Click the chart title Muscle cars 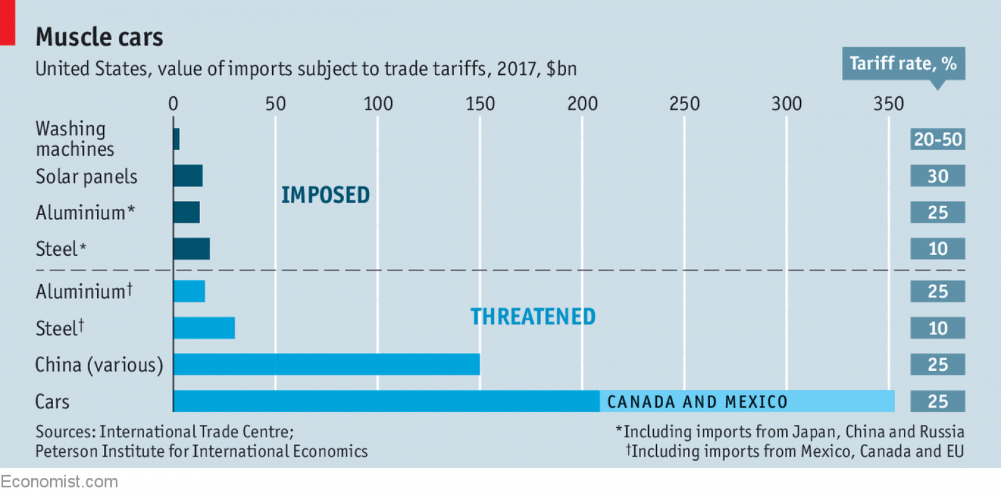tap(99, 37)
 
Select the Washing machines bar tap(176, 139)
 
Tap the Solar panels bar tap(188, 176)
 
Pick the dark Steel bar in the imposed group tap(191, 248)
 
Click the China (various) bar tap(327, 364)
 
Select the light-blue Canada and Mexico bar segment tap(746, 401)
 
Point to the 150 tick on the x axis tap(480, 103)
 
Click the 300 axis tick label tap(786, 103)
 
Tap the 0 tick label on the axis tap(173, 103)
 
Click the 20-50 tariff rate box tap(937, 139)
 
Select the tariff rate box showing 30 tap(937, 176)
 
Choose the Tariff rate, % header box tap(903, 63)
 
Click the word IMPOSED tap(325, 195)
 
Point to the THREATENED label tap(533, 316)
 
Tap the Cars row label tap(52, 402)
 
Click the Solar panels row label tap(86, 176)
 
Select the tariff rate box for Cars tap(937, 401)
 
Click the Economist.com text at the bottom tap(59, 482)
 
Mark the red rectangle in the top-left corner tap(7, 22)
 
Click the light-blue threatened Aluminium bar tap(189, 291)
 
